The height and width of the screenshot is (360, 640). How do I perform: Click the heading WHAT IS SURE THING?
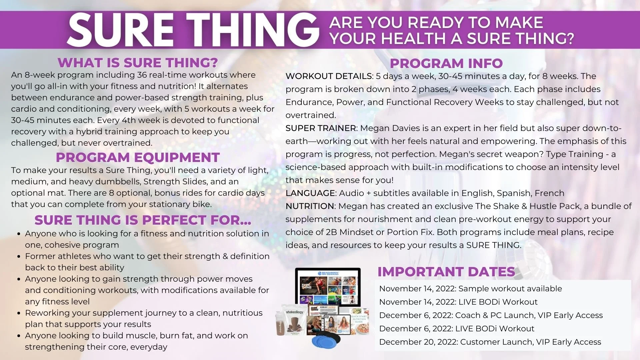tap(137, 63)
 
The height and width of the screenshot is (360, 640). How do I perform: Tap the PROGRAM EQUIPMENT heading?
tap(137, 157)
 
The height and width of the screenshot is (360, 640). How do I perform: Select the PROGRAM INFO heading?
tap(446, 63)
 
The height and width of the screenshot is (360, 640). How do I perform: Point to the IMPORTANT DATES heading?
tap(446, 272)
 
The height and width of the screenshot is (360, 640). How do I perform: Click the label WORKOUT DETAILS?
tap(329, 76)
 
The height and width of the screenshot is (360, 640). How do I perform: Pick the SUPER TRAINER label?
tap(321, 128)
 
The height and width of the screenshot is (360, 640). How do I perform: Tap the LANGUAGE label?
tap(310, 193)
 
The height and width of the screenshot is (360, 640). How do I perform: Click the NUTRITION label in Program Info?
tap(310, 206)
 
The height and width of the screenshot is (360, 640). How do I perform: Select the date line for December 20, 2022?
tap(490, 342)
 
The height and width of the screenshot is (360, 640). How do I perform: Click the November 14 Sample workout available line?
tap(470, 289)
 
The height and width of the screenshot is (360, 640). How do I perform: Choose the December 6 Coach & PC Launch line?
tap(491, 315)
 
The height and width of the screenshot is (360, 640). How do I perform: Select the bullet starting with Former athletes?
tap(147, 262)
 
